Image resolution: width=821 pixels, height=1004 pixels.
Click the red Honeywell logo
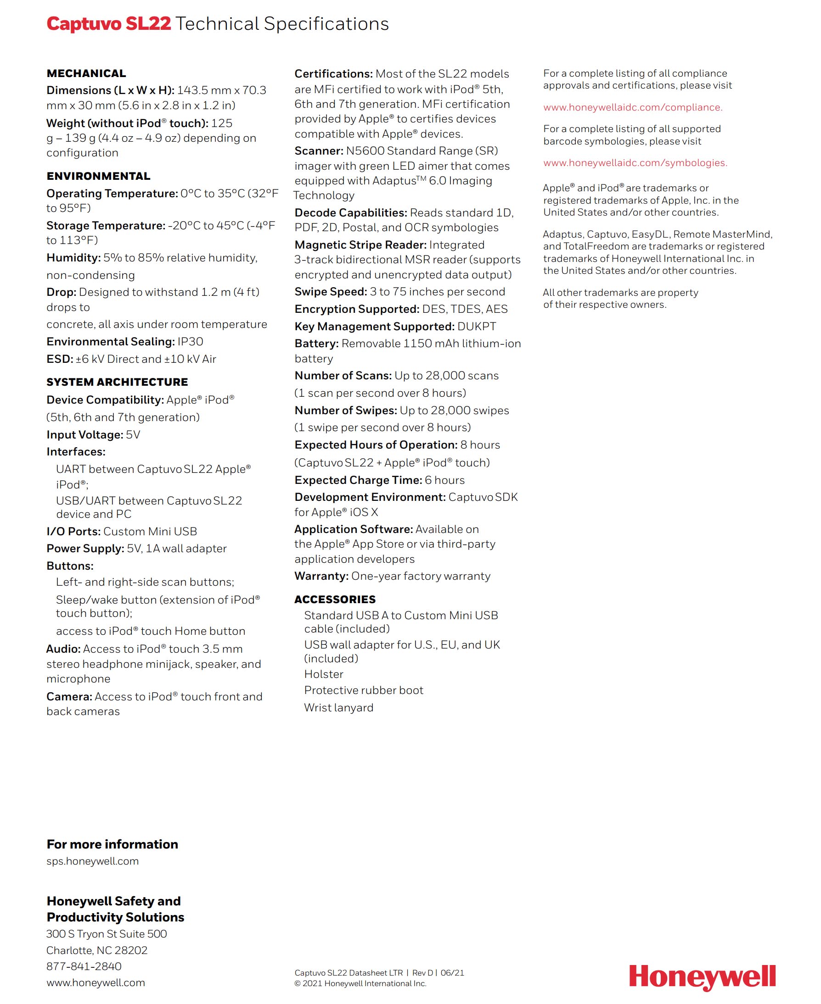pos(702,976)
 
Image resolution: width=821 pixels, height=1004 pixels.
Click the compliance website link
pos(632,107)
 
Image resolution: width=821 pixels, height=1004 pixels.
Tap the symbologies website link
pos(635,163)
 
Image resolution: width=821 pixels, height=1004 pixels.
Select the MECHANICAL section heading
pos(86,74)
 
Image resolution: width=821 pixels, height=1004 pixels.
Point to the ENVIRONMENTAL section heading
pos(98,176)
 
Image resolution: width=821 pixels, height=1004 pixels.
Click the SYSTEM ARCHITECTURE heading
pos(117,382)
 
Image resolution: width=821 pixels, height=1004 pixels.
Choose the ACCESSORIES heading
pos(335,599)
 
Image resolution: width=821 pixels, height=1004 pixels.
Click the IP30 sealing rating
pos(190,342)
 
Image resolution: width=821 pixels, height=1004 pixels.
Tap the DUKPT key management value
pos(477,327)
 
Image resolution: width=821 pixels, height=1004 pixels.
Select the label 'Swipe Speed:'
pos(331,292)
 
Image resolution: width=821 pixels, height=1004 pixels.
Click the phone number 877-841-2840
pos(84,966)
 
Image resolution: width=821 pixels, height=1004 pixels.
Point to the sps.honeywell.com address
pos(93,861)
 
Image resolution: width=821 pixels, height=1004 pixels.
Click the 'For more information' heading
pos(112,844)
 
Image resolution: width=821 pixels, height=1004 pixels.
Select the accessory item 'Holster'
pos(323,674)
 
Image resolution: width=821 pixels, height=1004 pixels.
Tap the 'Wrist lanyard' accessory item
pos(338,707)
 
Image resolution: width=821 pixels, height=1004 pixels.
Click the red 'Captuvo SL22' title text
pos(109,24)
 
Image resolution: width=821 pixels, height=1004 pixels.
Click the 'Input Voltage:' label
pos(84,435)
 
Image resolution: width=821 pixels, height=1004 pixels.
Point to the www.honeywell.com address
pos(96,982)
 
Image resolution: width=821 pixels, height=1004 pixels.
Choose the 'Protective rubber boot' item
pos(364,690)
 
